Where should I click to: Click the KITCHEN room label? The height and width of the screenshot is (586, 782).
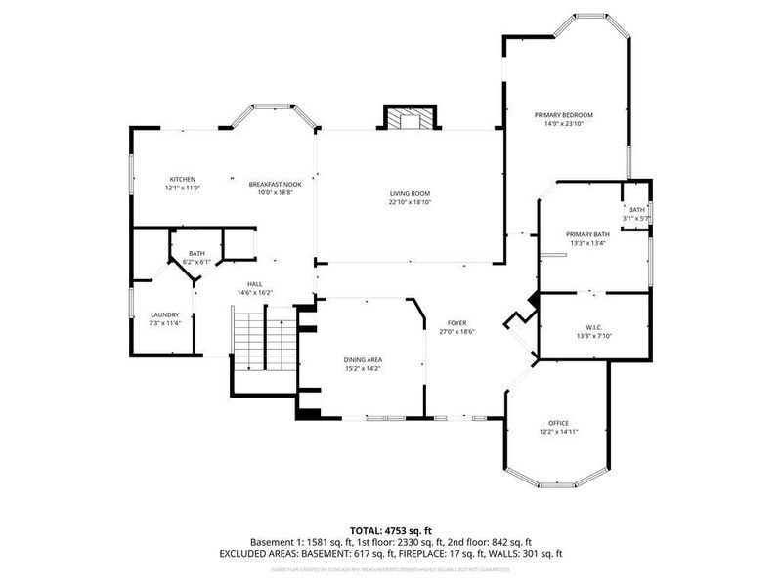coord(183,179)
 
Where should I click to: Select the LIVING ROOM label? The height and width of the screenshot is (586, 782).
coord(410,193)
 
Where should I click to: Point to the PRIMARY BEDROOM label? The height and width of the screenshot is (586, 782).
coord(563,115)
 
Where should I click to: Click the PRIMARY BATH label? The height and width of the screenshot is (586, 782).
coord(587,234)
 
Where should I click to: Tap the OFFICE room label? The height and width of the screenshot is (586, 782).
coord(559,422)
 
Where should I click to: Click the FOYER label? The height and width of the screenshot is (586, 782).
coord(456,322)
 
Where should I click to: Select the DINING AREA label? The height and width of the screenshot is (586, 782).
coord(363,359)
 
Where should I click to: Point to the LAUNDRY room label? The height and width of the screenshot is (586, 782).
coord(164,314)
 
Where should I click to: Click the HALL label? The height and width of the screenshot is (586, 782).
coord(254,283)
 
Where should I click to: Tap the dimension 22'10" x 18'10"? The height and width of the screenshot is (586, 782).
coord(410,203)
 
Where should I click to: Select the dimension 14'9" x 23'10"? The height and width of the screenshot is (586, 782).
coord(563,124)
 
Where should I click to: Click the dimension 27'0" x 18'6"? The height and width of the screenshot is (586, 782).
coord(456,332)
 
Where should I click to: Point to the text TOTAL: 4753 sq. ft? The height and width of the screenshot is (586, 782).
coord(391,529)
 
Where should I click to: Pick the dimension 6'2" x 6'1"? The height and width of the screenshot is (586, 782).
coord(196,262)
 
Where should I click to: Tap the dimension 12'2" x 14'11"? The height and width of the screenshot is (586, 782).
coord(559,431)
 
